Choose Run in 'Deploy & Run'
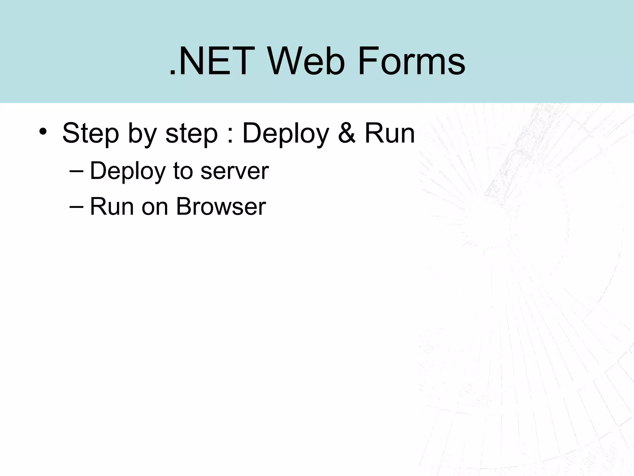(x=390, y=133)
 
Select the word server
(x=235, y=172)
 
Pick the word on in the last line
(x=154, y=208)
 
